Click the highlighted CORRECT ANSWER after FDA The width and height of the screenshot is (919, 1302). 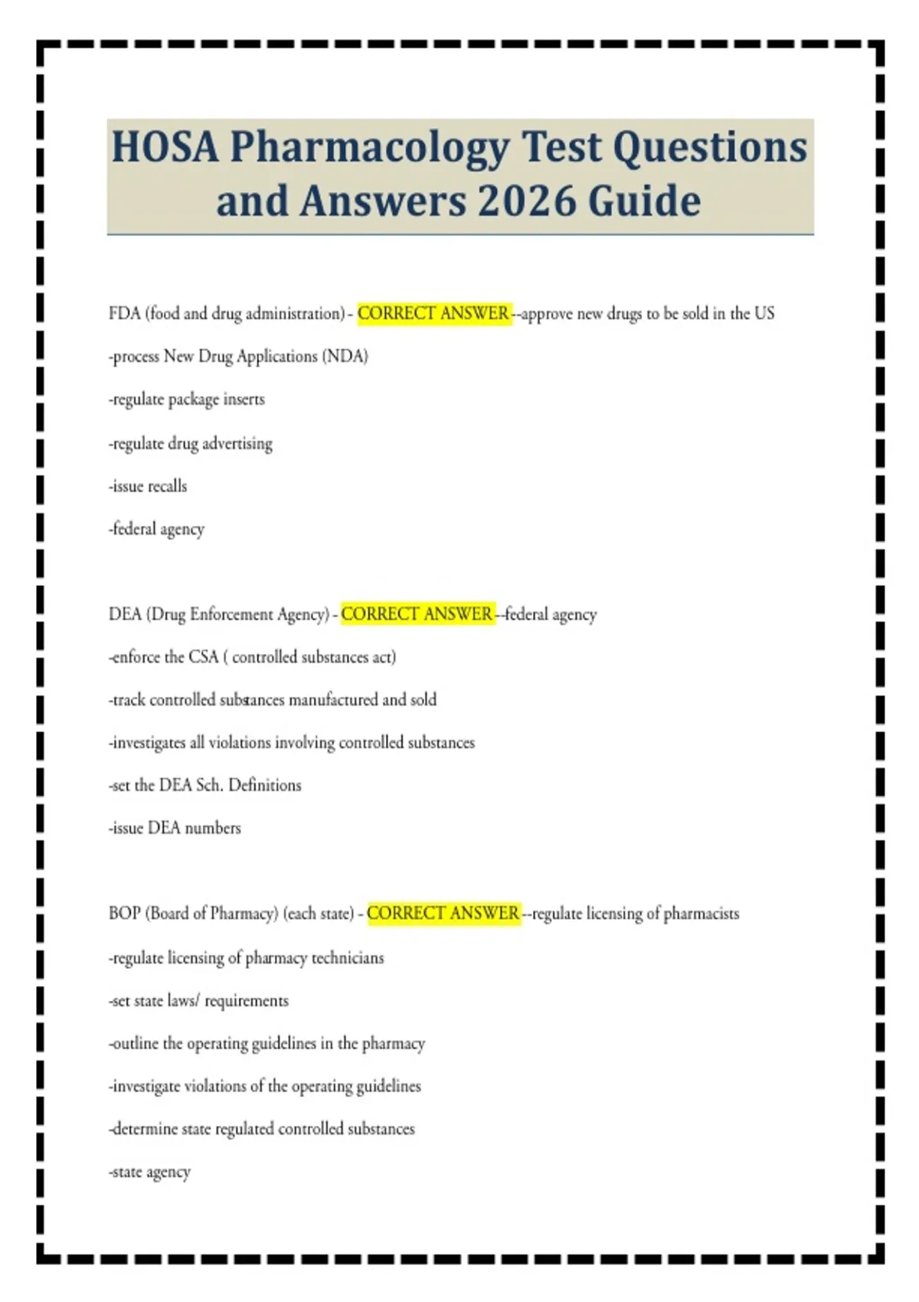433,313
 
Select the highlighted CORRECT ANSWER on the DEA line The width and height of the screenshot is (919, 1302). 417,614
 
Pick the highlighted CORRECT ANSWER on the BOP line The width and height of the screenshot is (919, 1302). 443,914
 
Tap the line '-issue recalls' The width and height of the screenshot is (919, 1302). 148,486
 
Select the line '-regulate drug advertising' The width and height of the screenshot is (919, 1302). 191,443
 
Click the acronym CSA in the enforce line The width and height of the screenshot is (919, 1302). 204,657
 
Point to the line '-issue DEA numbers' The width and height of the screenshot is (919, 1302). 175,828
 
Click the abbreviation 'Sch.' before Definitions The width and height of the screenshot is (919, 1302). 209,785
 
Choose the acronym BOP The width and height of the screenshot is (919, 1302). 124,914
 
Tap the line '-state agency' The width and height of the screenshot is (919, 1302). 149,1172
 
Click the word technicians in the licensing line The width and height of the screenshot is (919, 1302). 348,958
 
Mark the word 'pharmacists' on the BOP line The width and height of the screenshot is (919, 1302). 702,914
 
